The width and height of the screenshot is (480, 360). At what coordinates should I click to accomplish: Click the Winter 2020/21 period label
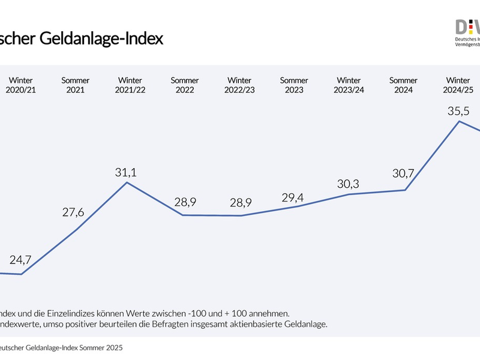pos(21,85)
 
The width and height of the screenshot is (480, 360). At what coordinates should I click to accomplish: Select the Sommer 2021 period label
pos(76,85)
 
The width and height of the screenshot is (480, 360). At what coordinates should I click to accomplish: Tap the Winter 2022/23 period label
pos(239,85)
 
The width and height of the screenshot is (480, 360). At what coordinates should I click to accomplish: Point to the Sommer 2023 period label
pos(294,85)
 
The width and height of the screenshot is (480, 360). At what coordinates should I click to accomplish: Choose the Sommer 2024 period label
pos(403,85)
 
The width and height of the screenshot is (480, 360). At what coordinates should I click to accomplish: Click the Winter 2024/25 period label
pos(458,85)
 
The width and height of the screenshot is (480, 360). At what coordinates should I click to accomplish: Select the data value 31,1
pos(126,172)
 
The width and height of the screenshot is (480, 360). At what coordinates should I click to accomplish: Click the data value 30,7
pos(403,175)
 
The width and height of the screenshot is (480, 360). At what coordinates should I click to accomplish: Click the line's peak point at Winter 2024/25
pos(459,121)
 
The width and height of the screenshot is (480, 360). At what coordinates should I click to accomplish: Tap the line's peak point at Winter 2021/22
pos(127,182)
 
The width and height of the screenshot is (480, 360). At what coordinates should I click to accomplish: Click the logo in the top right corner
pos(467,33)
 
